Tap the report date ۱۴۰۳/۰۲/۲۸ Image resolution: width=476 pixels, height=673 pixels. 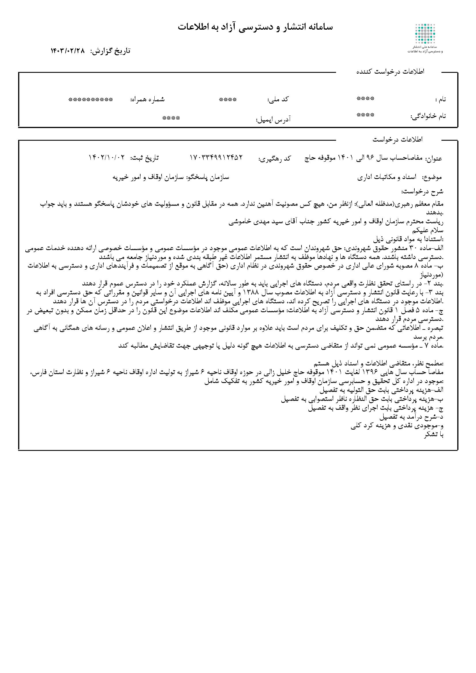(67, 51)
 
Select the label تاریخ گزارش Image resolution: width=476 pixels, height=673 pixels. (110, 51)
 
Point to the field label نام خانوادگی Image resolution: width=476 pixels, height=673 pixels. (428, 116)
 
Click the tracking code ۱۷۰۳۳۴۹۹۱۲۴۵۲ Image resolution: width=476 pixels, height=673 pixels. (217, 157)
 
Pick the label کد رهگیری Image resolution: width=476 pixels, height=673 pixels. (274, 158)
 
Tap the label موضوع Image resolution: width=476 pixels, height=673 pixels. (432, 177)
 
